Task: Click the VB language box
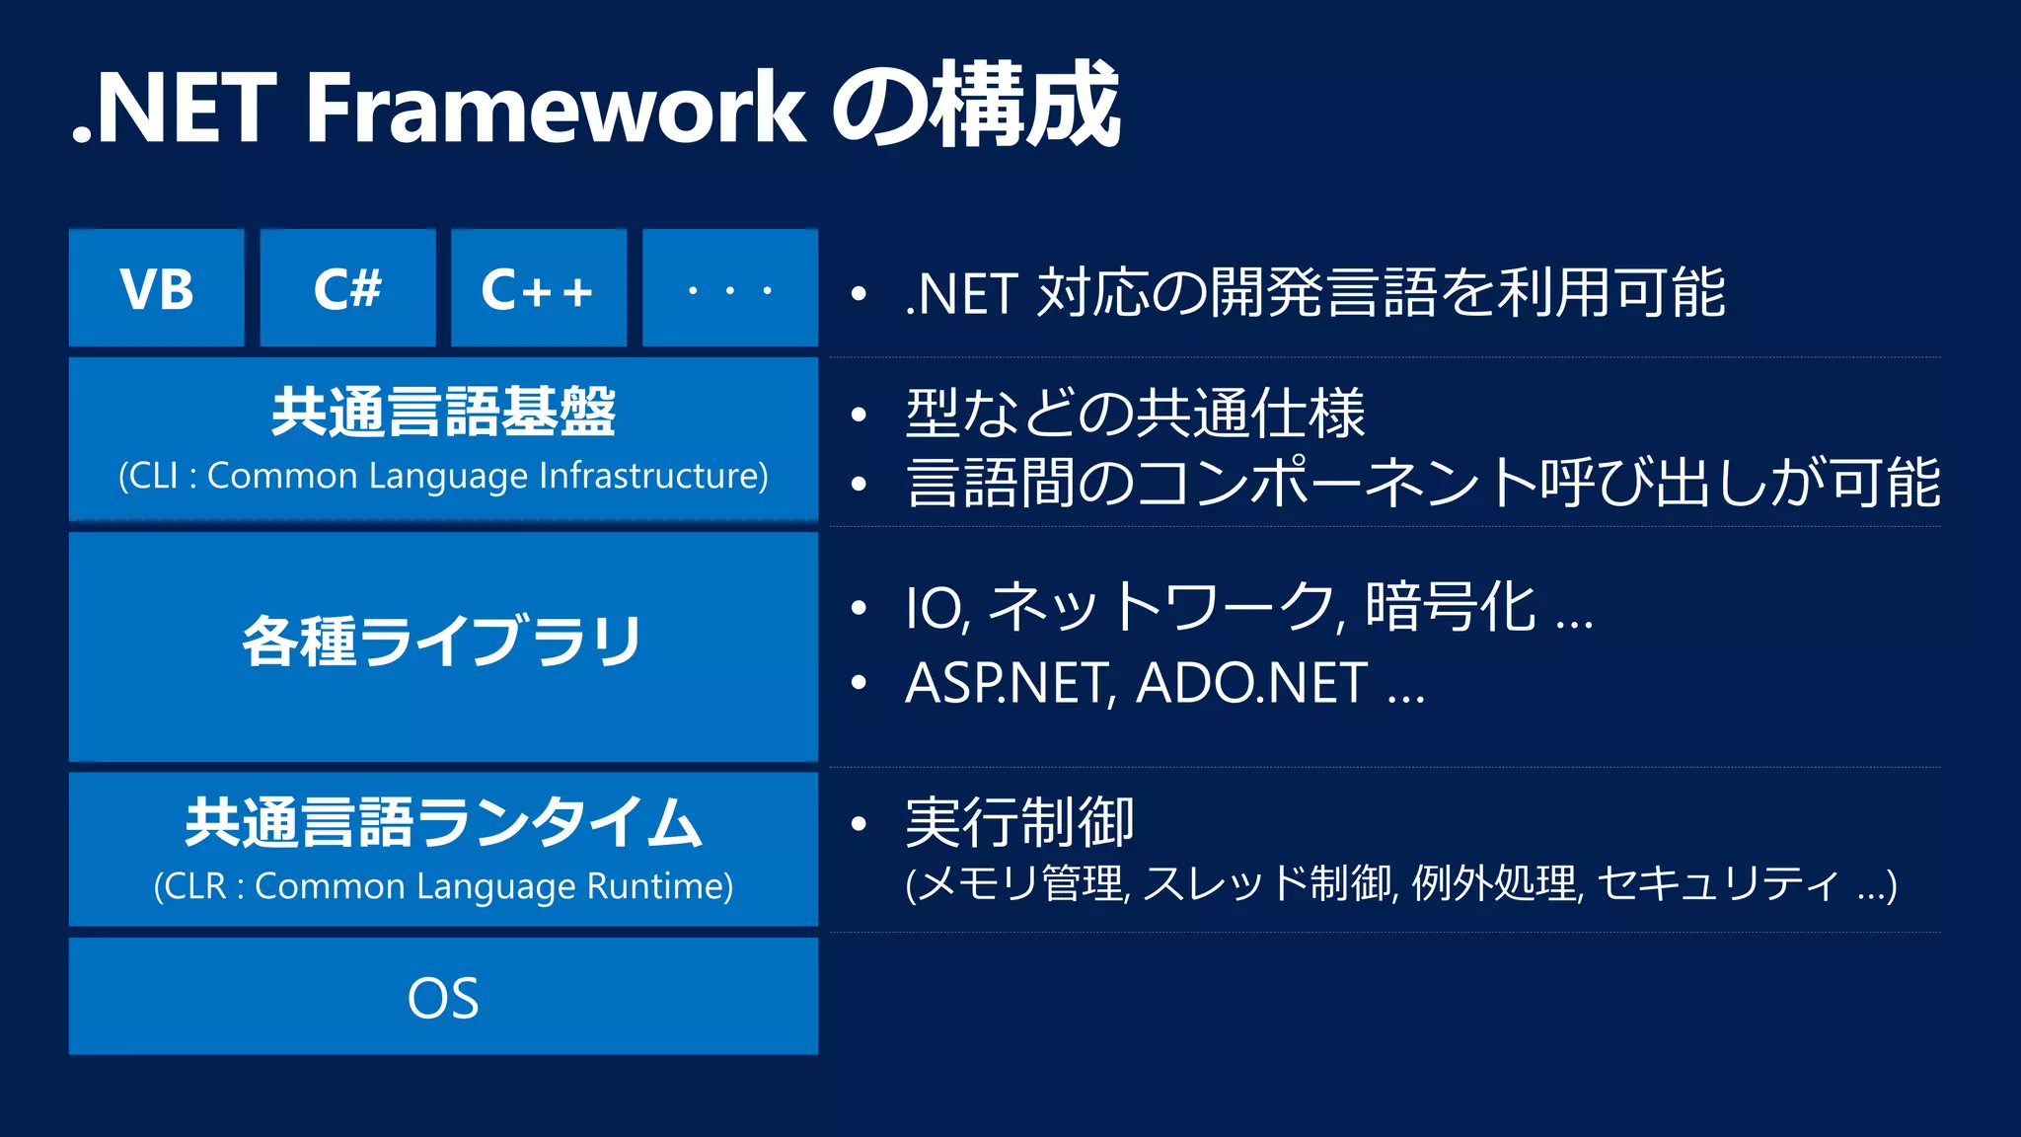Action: (156, 288)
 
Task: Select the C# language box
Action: (347, 288)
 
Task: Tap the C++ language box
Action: (538, 288)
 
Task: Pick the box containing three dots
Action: (729, 288)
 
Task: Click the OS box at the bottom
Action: (443, 997)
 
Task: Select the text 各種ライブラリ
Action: (443, 641)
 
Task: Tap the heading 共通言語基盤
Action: (443, 412)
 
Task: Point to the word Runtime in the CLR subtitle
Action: (659, 885)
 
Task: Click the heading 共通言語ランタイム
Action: (443, 822)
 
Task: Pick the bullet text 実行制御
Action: (1019, 822)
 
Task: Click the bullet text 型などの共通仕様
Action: (1135, 413)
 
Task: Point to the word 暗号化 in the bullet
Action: (1450, 606)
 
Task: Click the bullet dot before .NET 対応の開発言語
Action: (859, 294)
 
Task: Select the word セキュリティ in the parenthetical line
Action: (1717, 883)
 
